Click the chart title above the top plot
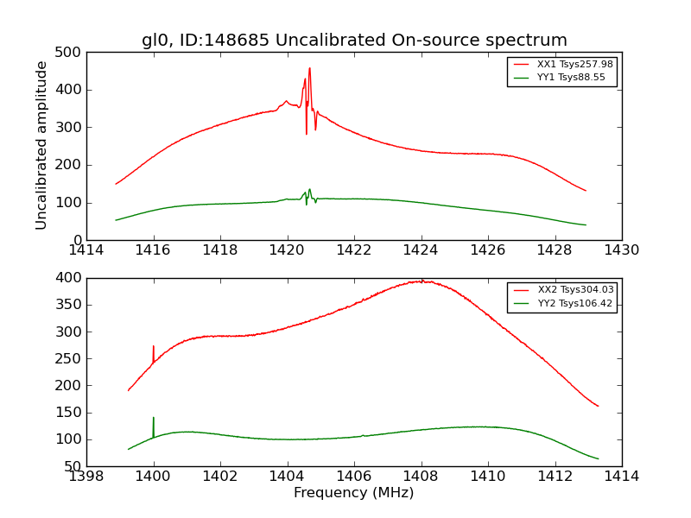pyautogui.click(x=354, y=41)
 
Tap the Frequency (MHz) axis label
pyautogui.click(x=354, y=493)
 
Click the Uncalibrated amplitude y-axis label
pyautogui.click(x=41, y=146)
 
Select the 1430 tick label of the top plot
pyautogui.click(x=621, y=250)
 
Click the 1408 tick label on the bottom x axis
pyautogui.click(x=421, y=477)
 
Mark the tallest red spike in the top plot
pyautogui.click(x=309, y=69)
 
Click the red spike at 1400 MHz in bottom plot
pyautogui.click(x=154, y=347)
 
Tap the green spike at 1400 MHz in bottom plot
pyautogui.click(x=154, y=419)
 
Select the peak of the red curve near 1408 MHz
pyautogui.click(x=421, y=281)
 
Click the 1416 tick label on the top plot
pyautogui.click(x=154, y=250)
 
